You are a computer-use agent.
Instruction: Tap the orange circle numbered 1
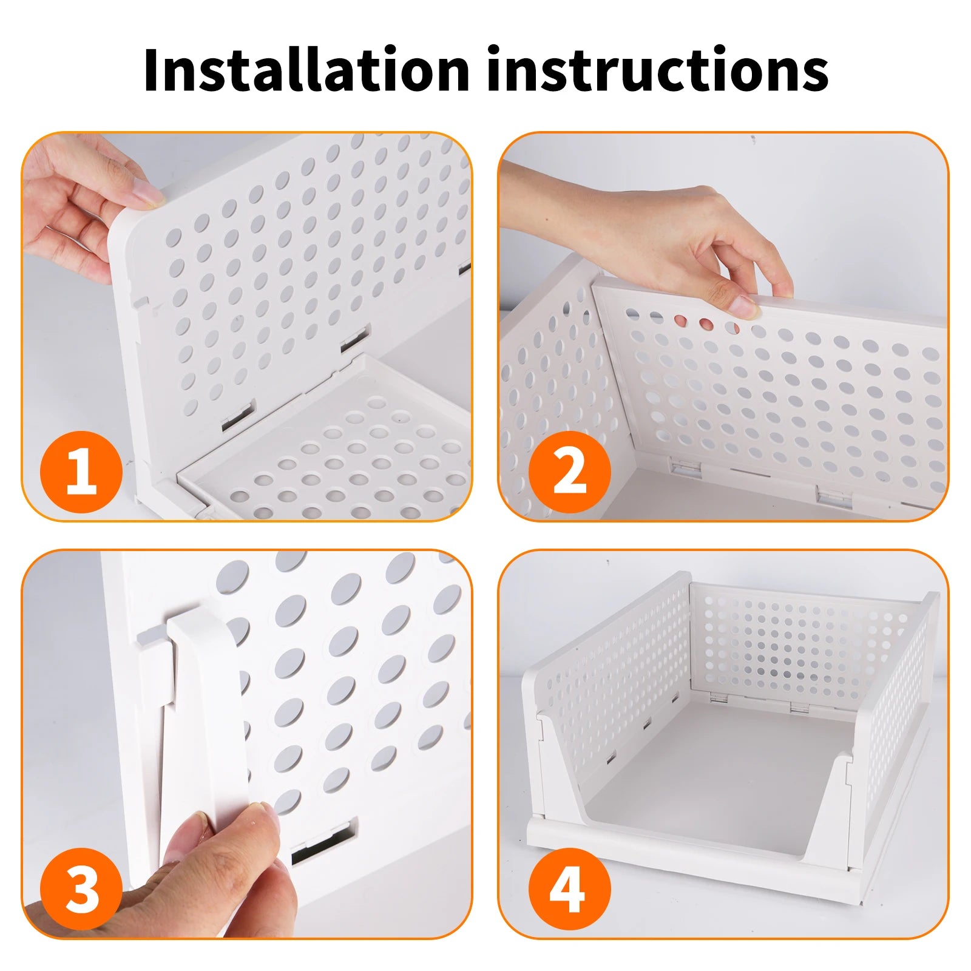81,472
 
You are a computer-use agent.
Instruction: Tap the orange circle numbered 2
569,472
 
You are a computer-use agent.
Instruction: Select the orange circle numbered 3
81,888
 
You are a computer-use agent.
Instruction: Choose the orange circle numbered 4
569,888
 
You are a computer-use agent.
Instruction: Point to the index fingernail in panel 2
745,306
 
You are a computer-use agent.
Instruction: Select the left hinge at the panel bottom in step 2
686,466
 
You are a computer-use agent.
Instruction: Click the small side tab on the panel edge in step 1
142,300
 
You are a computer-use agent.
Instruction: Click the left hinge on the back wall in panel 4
720,697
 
